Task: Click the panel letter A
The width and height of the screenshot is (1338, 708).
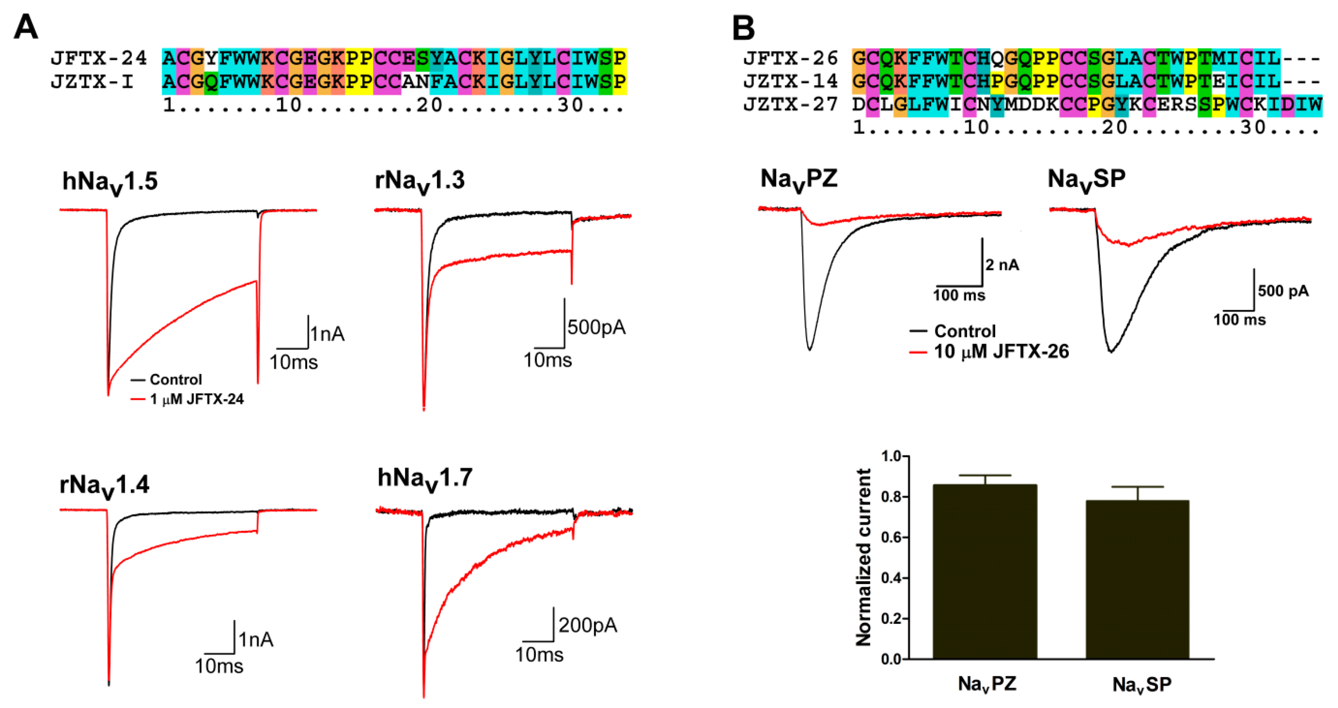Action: pos(26,27)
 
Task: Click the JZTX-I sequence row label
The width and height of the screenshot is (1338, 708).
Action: pos(92,82)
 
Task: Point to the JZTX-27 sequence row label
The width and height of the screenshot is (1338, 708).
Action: pos(791,104)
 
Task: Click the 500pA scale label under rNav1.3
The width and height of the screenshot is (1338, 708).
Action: pos(596,327)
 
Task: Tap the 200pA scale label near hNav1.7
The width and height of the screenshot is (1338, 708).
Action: pos(587,625)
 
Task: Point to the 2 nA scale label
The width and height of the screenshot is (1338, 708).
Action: pos(1003,265)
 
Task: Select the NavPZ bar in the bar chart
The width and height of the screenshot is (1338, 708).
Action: pos(985,571)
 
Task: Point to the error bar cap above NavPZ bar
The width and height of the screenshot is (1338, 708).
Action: pos(985,475)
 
